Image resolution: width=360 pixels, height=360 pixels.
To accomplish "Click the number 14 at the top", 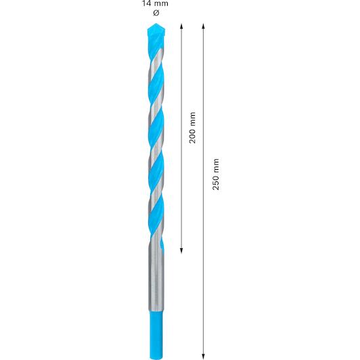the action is (x=145, y=3).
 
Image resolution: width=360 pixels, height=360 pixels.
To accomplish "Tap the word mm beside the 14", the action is (x=160, y=3).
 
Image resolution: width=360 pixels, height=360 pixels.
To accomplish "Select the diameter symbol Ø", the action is (x=156, y=13).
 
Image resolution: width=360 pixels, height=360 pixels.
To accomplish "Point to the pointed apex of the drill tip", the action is (x=156, y=23).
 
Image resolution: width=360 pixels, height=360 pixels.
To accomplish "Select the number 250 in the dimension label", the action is (x=216, y=183).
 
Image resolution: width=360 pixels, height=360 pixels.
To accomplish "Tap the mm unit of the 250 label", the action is (x=216, y=166).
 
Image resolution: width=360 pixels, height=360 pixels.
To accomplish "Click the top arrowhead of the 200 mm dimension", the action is (x=181, y=26).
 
